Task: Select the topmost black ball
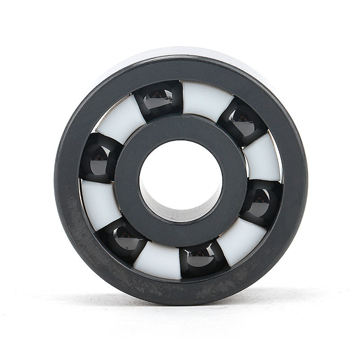pos(159,100)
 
